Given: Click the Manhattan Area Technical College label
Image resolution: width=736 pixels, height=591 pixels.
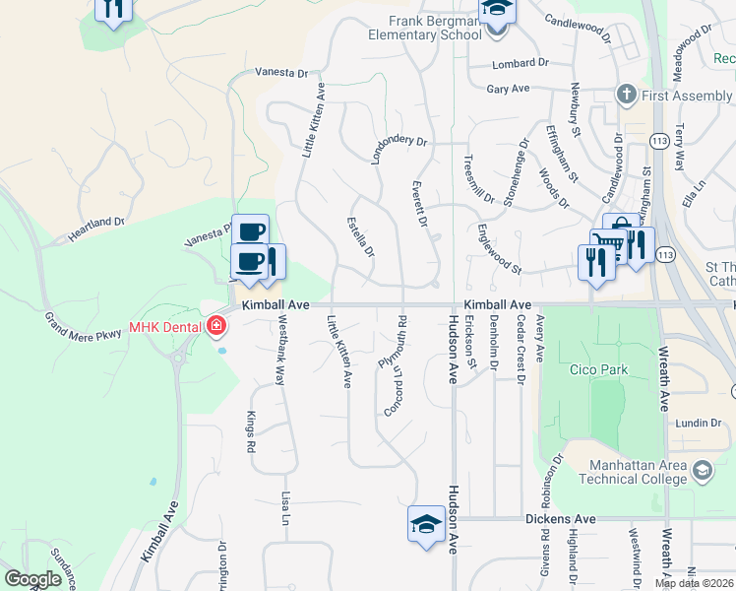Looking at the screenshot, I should tap(638, 472).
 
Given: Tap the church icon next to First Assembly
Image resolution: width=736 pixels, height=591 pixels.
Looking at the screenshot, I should tap(625, 96).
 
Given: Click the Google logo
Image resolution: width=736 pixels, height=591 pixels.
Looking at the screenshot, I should tap(32, 579).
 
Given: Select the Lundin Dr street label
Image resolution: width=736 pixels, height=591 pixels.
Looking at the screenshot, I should tap(698, 423).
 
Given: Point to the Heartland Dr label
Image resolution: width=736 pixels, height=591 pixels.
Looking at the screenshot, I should tap(95, 230).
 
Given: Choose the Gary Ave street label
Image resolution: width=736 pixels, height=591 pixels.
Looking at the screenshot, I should tap(508, 89).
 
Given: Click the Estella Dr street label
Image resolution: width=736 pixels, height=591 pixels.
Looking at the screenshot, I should tap(361, 237).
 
